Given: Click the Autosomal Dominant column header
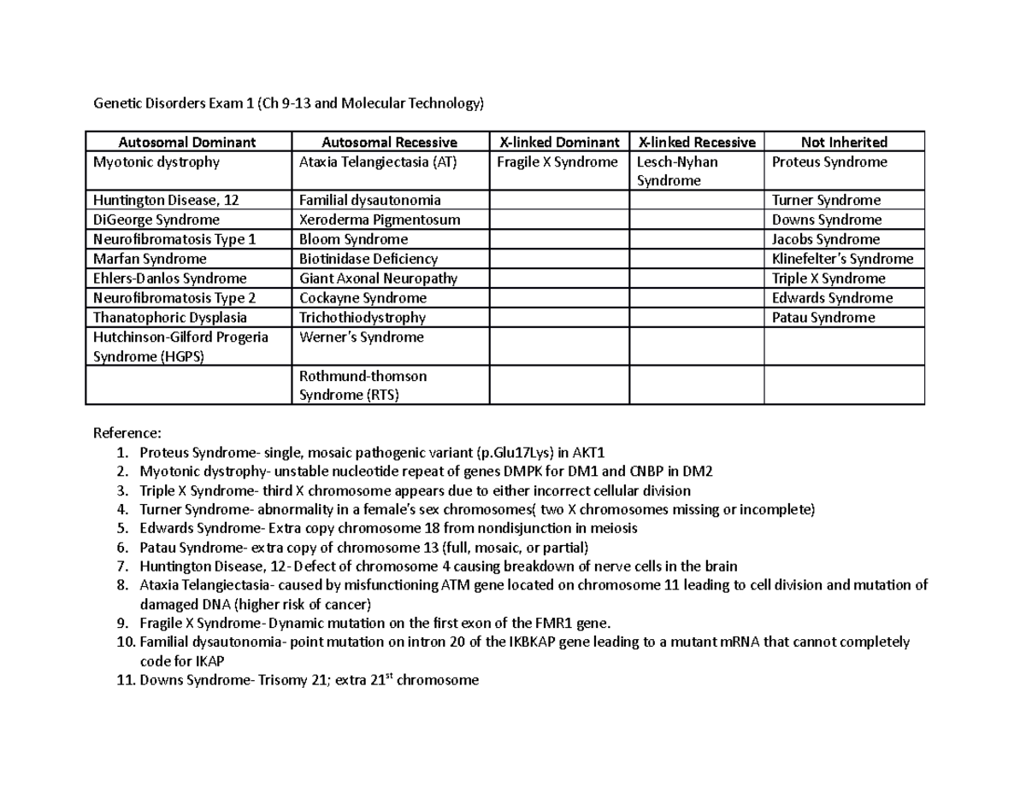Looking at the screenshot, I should point(187,142).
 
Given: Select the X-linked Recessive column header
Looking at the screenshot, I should point(697,142).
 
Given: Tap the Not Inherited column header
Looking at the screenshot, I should point(844,142).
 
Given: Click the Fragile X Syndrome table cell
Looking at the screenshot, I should point(557,161).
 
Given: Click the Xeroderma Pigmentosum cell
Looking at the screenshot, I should point(380,220).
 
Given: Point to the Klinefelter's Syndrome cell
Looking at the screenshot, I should point(842,259).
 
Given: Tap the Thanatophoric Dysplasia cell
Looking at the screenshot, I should point(169,317).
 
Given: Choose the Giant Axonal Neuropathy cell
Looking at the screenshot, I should point(378,279).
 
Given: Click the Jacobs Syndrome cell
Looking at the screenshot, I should point(825,239).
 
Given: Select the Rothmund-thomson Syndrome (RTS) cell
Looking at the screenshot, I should point(363,385).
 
